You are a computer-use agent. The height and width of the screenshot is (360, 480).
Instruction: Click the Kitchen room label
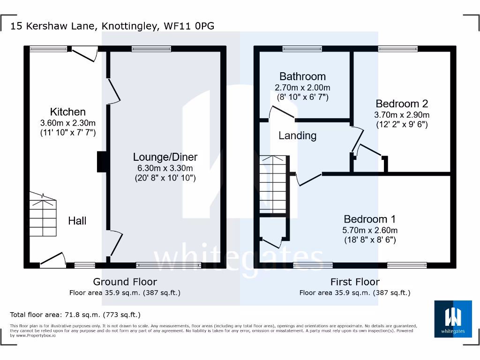(x=68, y=112)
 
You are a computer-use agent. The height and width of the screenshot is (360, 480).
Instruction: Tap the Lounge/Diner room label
(x=165, y=157)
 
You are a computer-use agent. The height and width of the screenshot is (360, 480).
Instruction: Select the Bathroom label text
(x=302, y=76)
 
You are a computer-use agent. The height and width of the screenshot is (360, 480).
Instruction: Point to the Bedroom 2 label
(x=402, y=104)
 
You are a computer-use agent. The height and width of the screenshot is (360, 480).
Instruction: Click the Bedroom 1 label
(x=369, y=219)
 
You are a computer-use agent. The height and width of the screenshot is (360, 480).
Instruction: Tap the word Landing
(x=297, y=136)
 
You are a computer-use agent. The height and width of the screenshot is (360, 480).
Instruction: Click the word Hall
(x=77, y=221)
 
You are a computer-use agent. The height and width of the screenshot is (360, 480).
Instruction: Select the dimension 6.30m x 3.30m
(x=165, y=168)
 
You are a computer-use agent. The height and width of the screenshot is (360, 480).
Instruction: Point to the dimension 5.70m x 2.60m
(x=369, y=230)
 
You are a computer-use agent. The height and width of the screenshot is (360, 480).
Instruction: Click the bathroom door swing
(x=280, y=112)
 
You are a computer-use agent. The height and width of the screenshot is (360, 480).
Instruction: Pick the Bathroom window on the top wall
(x=302, y=48)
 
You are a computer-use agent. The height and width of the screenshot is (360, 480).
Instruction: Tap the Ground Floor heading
(x=125, y=282)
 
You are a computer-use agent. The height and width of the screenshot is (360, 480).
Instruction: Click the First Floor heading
(x=355, y=282)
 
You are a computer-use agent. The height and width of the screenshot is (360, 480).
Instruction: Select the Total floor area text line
(x=75, y=315)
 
